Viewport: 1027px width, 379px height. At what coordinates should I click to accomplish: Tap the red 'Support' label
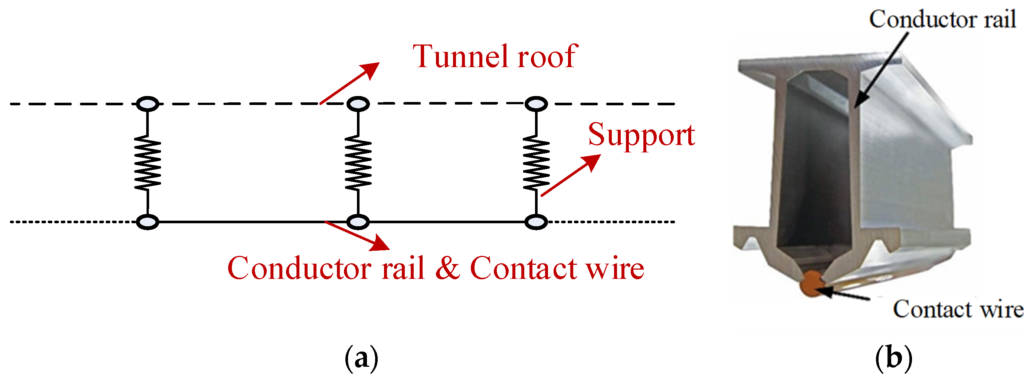point(642,135)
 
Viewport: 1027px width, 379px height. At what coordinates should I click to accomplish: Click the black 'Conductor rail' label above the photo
point(942,19)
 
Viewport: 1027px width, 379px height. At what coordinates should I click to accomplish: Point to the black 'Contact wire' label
point(958,309)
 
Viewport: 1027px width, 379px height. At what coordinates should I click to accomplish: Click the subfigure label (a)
point(361,358)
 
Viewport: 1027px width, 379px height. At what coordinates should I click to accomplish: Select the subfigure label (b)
point(893,358)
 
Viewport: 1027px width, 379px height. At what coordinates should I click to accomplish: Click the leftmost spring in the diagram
point(148,162)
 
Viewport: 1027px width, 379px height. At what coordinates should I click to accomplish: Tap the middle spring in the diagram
point(358,162)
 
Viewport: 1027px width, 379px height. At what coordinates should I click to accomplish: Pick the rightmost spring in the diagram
point(536,162)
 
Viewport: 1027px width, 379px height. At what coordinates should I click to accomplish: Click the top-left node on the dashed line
point(148,104)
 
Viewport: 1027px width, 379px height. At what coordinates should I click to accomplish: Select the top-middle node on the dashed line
point(358,104)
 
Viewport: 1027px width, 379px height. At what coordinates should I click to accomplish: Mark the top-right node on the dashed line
point(536,104)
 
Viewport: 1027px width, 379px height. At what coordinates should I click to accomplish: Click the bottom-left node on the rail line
point(148,222)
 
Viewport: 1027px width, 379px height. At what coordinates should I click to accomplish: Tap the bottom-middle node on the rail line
point(358,222)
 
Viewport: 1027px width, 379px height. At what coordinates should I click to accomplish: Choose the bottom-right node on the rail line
point(536,222)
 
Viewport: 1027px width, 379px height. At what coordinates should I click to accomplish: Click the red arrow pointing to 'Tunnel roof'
point(350,83)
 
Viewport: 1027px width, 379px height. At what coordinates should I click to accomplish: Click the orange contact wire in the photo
point(812,283)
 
